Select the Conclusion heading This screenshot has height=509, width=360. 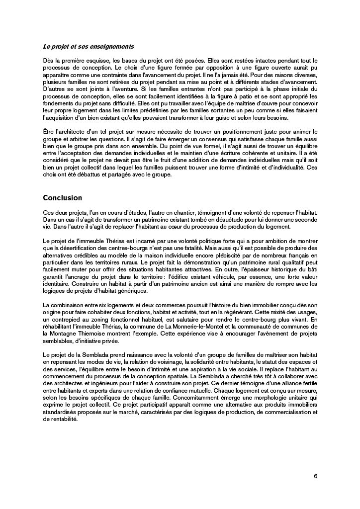[62, 197]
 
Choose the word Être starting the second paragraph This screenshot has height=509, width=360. [49, 131]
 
